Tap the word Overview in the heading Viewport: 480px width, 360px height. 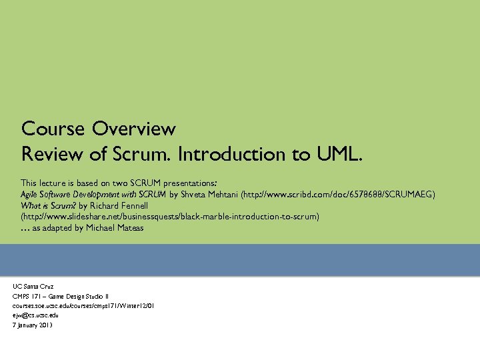pos(134,128)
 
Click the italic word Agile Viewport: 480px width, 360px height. pos(30,193)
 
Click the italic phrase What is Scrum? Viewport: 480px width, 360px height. pos(47,205)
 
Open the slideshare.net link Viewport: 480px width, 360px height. pos(171,217)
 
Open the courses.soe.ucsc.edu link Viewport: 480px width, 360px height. pos(83,305)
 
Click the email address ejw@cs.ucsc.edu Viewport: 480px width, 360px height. pos(35,315)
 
